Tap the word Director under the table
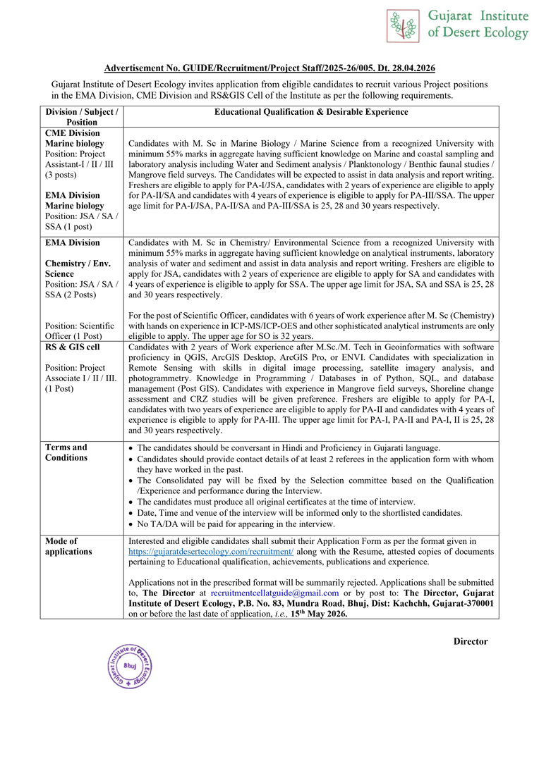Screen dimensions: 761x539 470,641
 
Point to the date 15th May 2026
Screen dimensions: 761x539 318,614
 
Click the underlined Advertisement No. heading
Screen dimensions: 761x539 269,68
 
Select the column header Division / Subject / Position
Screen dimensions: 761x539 81,117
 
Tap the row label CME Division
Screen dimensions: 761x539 73,133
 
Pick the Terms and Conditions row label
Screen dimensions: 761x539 66,452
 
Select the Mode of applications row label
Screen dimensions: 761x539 69,545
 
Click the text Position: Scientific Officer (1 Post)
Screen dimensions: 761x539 80,330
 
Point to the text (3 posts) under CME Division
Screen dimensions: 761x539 61,174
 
